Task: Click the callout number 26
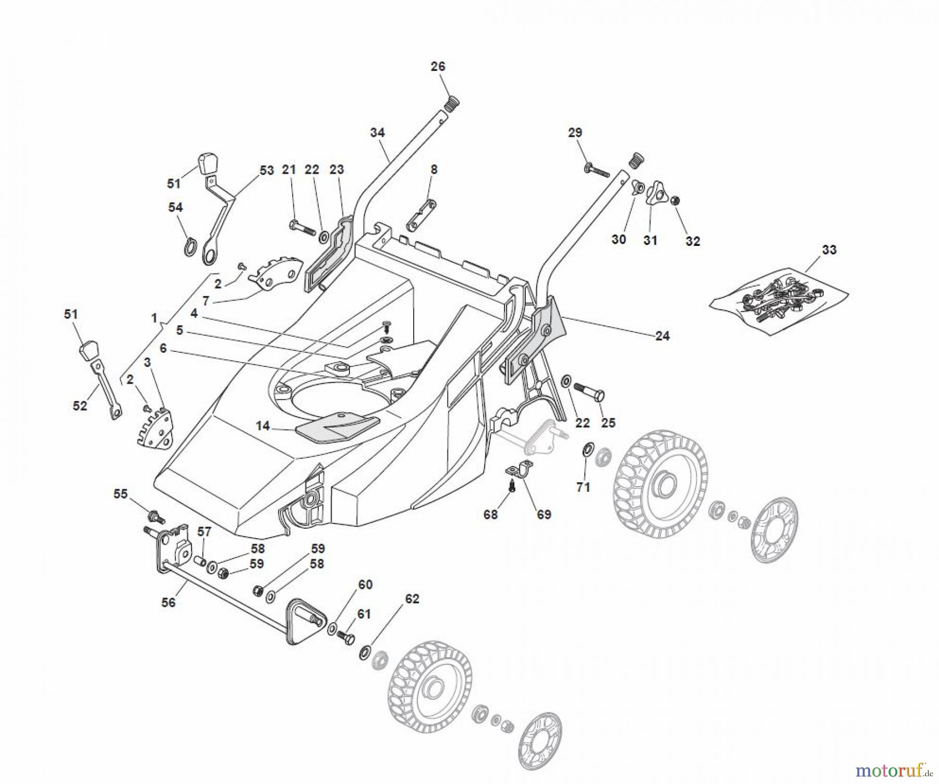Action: click(x=438, y=66)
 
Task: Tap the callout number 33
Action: click(x=829, y=250)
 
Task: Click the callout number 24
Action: click(x=662, y=336)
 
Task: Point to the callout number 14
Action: click(x=262, y=426)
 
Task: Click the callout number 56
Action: click(x=168, y=602)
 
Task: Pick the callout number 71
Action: click(x=583, y=487)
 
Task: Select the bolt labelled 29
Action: click(x=596, y=169)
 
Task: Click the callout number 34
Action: click(x=377, y=133)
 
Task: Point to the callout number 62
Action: click(x=412, y=599)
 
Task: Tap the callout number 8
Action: click(x=434, y=169)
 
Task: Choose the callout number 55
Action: click(x=121, y=494)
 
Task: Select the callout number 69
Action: click(x=544, y=515)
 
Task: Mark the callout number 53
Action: click(x=267, y=171)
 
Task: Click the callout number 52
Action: click(x=80, y=406)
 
